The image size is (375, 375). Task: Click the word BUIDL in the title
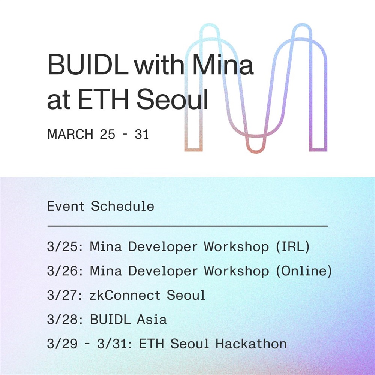point(88,64)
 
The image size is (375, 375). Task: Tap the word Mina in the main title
point(223,64)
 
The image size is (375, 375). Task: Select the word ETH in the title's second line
point(103,99)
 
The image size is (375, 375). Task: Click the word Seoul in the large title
point(172,99)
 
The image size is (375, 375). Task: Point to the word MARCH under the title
point(70,134)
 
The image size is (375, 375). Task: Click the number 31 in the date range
point(142,134)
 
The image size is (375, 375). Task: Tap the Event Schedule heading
point(100,206)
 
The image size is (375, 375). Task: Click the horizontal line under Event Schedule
point(187,226)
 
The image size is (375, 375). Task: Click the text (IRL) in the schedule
point(293,246)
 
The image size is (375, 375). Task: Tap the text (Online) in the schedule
point(304,271)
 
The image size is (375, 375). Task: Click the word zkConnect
point(125,295)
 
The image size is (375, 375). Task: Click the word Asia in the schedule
point(151,319)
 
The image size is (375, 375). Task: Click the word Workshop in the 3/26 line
point(236,271)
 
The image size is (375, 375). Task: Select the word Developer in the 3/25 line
point(163,247)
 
